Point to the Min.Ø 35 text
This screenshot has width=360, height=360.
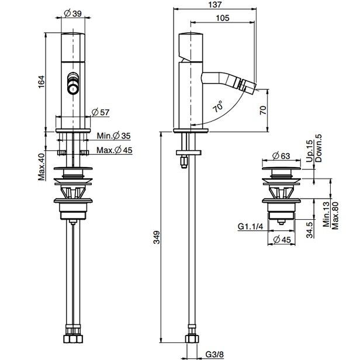pos(113,136)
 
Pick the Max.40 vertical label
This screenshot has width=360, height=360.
pos(41,167)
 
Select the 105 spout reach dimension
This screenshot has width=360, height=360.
pos(223,18)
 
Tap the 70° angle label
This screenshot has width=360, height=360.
pos(217,106)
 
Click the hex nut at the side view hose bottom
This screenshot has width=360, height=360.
pos(191,338)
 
